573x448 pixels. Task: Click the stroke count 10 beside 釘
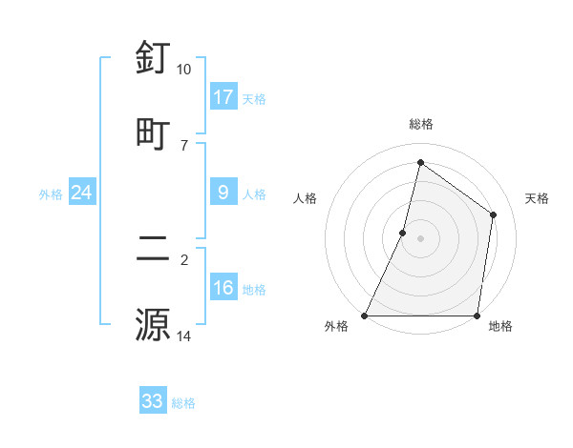183,70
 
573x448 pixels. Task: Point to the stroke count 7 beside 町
183,145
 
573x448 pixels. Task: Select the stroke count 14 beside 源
183,336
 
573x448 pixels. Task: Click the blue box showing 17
223,97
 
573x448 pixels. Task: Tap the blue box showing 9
223,193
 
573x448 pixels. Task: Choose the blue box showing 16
223,288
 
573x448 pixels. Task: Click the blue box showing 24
82,193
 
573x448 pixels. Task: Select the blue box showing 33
153,401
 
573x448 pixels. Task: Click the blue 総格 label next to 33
183,403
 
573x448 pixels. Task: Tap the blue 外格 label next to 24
51,194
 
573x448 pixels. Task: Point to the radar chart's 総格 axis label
420,124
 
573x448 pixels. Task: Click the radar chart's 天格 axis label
537,198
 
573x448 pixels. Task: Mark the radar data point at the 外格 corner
365,316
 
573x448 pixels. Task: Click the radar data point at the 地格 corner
477,316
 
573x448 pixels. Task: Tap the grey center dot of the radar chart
420,238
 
